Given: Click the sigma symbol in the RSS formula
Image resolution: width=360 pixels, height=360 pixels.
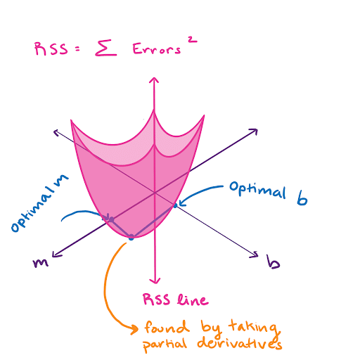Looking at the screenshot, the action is click(x=106, y=49).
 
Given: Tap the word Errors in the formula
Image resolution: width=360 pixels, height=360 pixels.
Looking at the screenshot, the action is click(x=157, y=49).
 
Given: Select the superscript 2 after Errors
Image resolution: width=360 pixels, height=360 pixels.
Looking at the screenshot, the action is click(x=192, y=39).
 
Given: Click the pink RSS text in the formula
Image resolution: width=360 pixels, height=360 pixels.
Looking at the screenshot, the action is click(x=51, y=49).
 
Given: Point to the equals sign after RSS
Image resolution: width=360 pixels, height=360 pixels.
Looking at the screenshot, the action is click(x=77, y=49).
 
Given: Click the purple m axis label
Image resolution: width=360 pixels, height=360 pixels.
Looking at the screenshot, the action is click(x=41, y=263).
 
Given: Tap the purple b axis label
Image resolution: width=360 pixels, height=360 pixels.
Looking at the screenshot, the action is click(x=273, y=262).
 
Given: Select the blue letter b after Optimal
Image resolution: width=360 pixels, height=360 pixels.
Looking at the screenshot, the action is click(x=302, y=198).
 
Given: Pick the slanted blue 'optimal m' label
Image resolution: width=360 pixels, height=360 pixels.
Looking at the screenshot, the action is click(x=39, y=203).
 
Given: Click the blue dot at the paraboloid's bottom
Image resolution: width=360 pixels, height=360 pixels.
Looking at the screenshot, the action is click(x=131, y=237).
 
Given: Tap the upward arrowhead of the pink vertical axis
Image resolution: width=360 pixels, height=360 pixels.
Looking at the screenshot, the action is click(x=154, y=80).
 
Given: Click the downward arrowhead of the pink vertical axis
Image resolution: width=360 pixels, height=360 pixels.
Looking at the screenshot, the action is click(x=155, y=281).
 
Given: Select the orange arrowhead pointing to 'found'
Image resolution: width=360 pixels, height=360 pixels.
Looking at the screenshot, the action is click(x=135, y=329).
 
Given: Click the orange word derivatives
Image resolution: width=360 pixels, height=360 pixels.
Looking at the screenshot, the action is click(x=240, y=343).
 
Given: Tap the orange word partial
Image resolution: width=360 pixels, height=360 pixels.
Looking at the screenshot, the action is click(x=165, y=345).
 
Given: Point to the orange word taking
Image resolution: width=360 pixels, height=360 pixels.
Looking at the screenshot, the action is click(x=255, y=326).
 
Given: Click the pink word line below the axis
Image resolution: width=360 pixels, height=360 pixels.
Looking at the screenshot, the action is click(x=193, y=300).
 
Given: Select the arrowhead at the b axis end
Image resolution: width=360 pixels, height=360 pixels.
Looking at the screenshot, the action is click(x=255, y=255).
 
